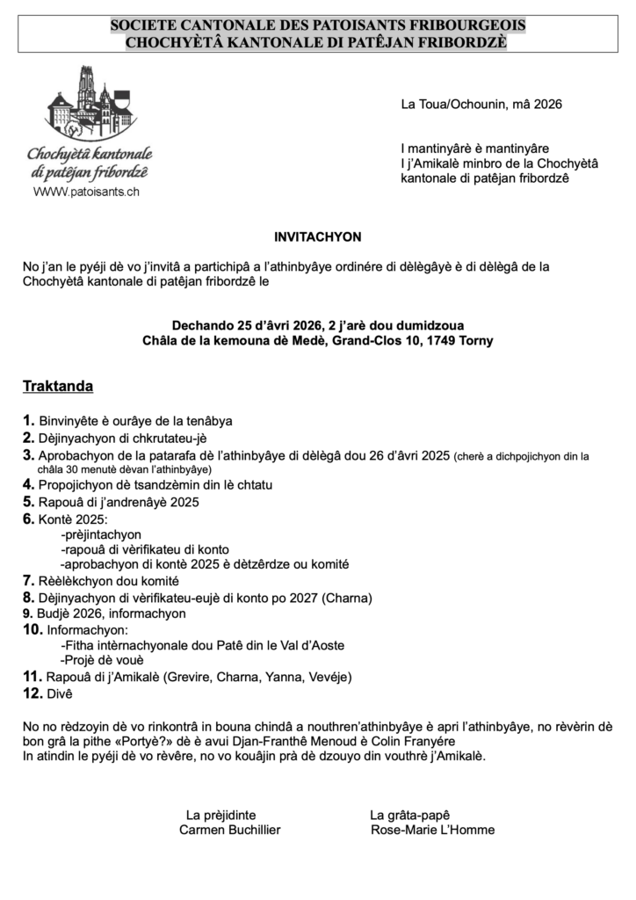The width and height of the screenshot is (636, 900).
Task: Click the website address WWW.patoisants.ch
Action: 86,192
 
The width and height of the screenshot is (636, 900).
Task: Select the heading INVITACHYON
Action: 317,236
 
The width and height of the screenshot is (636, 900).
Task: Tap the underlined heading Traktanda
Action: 58,386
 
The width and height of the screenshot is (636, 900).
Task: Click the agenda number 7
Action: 28,581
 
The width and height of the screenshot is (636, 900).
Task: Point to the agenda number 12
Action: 33,693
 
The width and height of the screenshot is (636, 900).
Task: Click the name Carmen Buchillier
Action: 229,830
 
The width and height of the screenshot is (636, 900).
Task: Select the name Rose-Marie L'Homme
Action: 432,830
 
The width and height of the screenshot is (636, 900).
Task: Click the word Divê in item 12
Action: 61,693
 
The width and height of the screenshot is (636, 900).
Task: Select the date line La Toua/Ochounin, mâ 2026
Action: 481,105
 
